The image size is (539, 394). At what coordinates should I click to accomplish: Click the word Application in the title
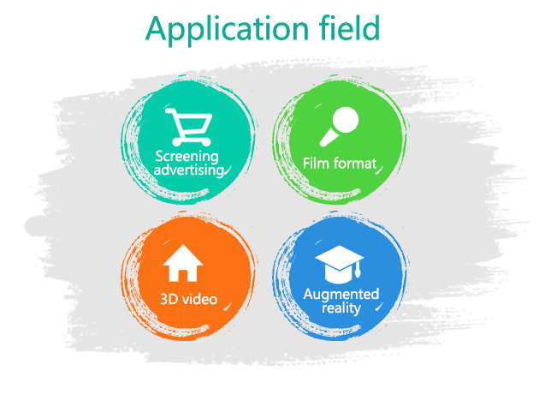coord(227,30)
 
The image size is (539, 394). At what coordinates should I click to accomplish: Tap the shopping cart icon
coord(189,127)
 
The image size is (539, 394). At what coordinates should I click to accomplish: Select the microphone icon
coord(339,126)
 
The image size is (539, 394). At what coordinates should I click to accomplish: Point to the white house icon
coord(183,263)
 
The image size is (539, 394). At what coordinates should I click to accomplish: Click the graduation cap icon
coord(340,265)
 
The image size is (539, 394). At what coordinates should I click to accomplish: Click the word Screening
coord(187,157)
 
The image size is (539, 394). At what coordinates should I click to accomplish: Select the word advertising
coord(189,170)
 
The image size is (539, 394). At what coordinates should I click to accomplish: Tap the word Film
coord(313,163)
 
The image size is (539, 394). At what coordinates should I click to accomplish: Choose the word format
coord(352,164)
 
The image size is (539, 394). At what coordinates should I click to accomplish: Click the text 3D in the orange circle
coord(169,300)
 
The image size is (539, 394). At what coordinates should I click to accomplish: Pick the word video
coord(199,300)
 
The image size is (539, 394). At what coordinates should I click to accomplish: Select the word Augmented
coord(341,295)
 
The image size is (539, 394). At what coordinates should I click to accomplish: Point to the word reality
coord(341,307)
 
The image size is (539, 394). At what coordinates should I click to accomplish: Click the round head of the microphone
coord(345,120)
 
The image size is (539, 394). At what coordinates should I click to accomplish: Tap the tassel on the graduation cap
coord(358,270)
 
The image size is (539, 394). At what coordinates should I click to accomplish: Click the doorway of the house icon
coord(183,277)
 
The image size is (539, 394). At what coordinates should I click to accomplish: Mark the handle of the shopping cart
coord(171,111)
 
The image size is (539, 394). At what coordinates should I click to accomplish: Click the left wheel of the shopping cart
coord(177,142)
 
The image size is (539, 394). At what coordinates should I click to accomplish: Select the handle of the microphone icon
coord(328,138)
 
